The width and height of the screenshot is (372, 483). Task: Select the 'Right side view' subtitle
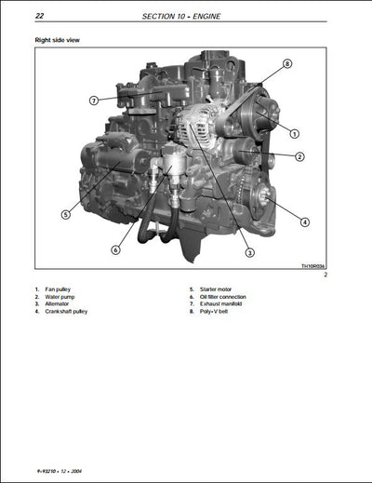[x=56, y=41]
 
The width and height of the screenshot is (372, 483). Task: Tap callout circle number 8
[x=287, y=63]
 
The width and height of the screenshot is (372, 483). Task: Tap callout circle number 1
[x=294, y=133]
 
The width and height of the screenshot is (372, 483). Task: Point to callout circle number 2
[x=299, y=156]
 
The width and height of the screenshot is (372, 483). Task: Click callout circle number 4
[x=305, y=221]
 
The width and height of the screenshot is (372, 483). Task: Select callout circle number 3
[x=249, y=253]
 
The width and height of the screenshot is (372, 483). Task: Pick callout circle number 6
[x=115, y=249]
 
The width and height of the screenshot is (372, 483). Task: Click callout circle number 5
[x=66, y=214]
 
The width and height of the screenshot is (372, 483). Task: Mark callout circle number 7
[x=94, y=100]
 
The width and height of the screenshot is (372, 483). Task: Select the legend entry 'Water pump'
[x=59, y=297]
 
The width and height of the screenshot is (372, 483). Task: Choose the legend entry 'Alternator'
[x=57, y=304]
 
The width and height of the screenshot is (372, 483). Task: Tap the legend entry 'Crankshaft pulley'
[x=63, y=312]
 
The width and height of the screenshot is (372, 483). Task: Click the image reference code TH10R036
[x=314, y=266]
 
